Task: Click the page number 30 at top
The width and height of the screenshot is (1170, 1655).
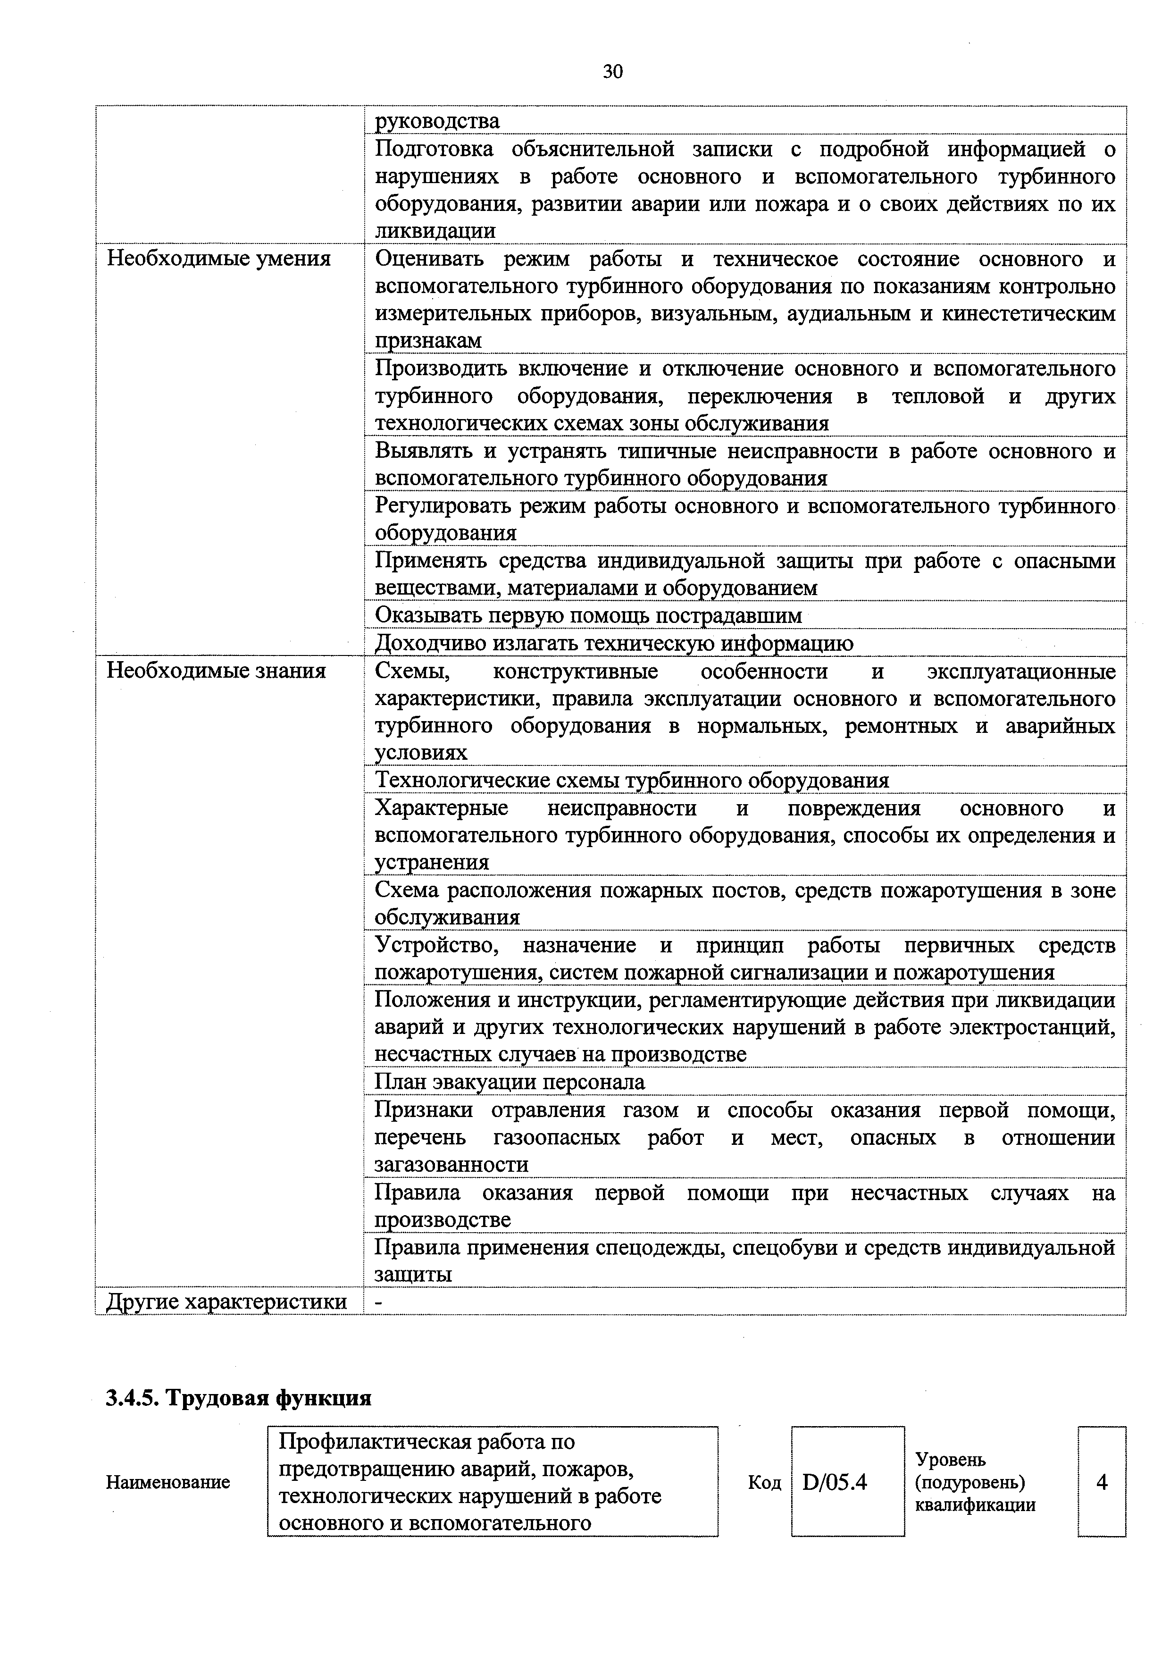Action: [612, 71]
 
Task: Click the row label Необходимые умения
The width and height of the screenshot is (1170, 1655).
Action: [219, 258]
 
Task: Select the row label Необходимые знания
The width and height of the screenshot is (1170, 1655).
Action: [216, 671]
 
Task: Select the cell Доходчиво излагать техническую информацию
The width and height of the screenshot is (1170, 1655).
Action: [614, 643]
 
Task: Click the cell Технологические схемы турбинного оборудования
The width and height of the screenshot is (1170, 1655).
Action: [632, 780]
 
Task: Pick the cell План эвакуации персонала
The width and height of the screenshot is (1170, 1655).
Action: [510, 1082]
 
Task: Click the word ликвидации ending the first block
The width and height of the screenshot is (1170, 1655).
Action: [435, 231]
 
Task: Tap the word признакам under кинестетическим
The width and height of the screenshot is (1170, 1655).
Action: [428, 340]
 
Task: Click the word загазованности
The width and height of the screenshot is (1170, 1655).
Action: [451, 1164]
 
